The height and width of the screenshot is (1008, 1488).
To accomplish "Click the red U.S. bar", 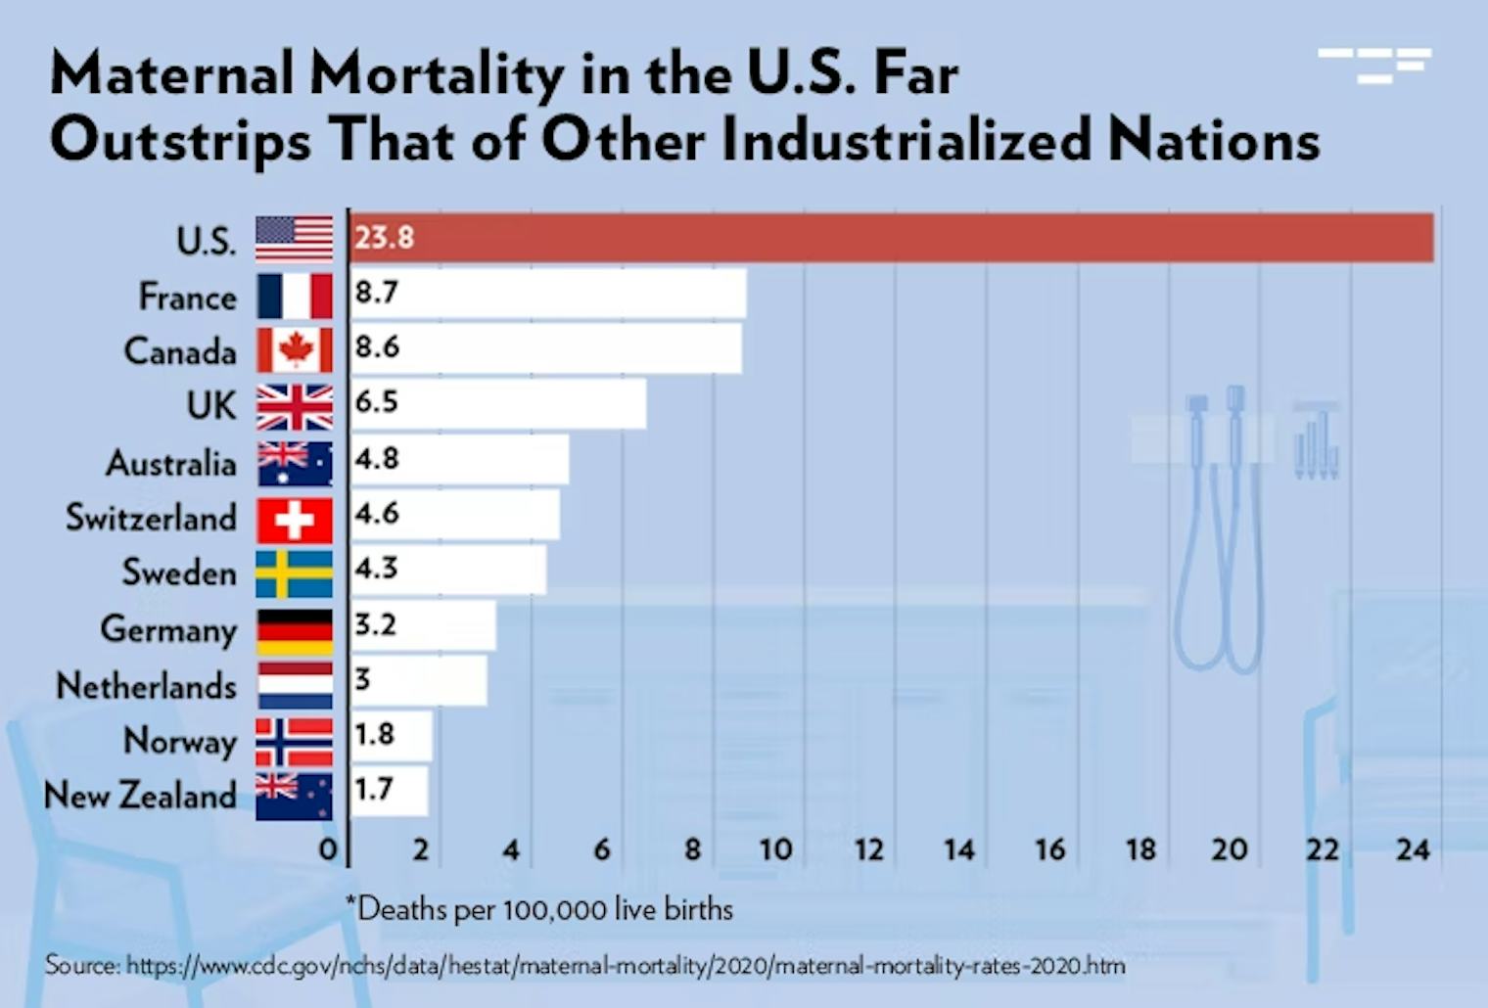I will [891, 238].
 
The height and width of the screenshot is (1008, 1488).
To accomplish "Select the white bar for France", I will [548, 294].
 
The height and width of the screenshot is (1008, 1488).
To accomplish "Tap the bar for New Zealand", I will [390, 791].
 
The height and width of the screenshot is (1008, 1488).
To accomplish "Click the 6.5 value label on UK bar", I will [376, 402].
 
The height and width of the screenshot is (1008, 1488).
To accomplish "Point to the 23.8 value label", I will [384, 238].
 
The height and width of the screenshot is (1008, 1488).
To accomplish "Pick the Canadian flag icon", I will [295, 350].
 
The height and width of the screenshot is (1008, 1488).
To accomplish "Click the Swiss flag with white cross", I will [295, 520].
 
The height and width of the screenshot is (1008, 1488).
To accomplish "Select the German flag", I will [295, 632].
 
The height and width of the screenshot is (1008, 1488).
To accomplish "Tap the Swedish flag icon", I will [295, 574].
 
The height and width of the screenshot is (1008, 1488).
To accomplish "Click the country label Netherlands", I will [147, 686].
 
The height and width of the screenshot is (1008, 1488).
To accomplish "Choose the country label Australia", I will [171, 463].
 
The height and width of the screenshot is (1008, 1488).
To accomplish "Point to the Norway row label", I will [180, 742].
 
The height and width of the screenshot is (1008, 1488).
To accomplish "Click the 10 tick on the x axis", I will [775, 848].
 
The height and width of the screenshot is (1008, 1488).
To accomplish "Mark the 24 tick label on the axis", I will [1413, 848].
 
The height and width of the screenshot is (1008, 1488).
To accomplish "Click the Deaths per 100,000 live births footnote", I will [540, 909].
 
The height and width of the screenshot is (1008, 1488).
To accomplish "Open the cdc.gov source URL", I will [627, 967].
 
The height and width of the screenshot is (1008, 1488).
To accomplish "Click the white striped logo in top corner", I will [1374, 65].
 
